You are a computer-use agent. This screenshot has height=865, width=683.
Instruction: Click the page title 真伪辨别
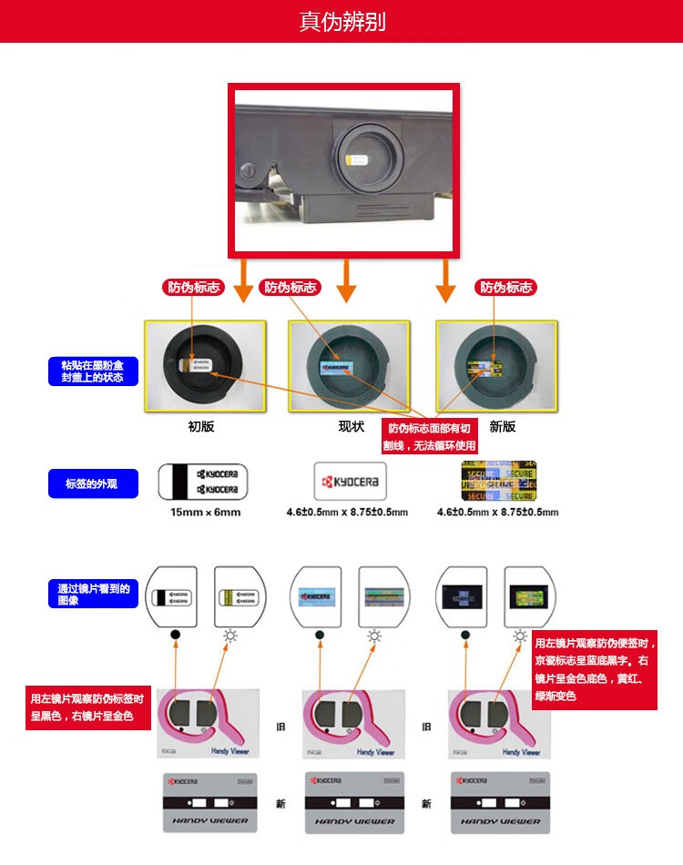pos(341,21)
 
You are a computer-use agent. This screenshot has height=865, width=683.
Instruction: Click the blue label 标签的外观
pos(94,483)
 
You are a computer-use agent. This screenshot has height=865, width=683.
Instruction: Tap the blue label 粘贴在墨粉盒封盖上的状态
pos(94,371)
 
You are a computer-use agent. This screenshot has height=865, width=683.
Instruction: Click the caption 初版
pos(200,426)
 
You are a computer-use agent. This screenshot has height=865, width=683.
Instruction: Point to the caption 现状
pos(351,426)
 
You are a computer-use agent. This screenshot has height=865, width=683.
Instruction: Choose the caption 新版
pos(502,426)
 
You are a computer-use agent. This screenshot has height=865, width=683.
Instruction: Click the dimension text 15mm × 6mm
pos(205,512)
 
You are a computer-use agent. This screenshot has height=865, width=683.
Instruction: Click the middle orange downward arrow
pos(345,281)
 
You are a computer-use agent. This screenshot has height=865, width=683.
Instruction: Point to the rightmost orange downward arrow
pos(444,281)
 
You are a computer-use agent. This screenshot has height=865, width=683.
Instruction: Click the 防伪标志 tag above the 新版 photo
pos(506,288)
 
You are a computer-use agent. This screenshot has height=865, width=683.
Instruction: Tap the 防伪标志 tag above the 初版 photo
pos(193,288)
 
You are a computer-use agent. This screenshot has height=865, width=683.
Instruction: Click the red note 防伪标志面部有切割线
pos(431,437)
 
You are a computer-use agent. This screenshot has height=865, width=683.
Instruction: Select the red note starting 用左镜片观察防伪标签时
pos(87,707)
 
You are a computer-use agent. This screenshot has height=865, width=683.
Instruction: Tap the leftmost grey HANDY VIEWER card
pos(209,802)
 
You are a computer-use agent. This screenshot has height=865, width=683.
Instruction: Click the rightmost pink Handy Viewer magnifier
pos(496,720)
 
